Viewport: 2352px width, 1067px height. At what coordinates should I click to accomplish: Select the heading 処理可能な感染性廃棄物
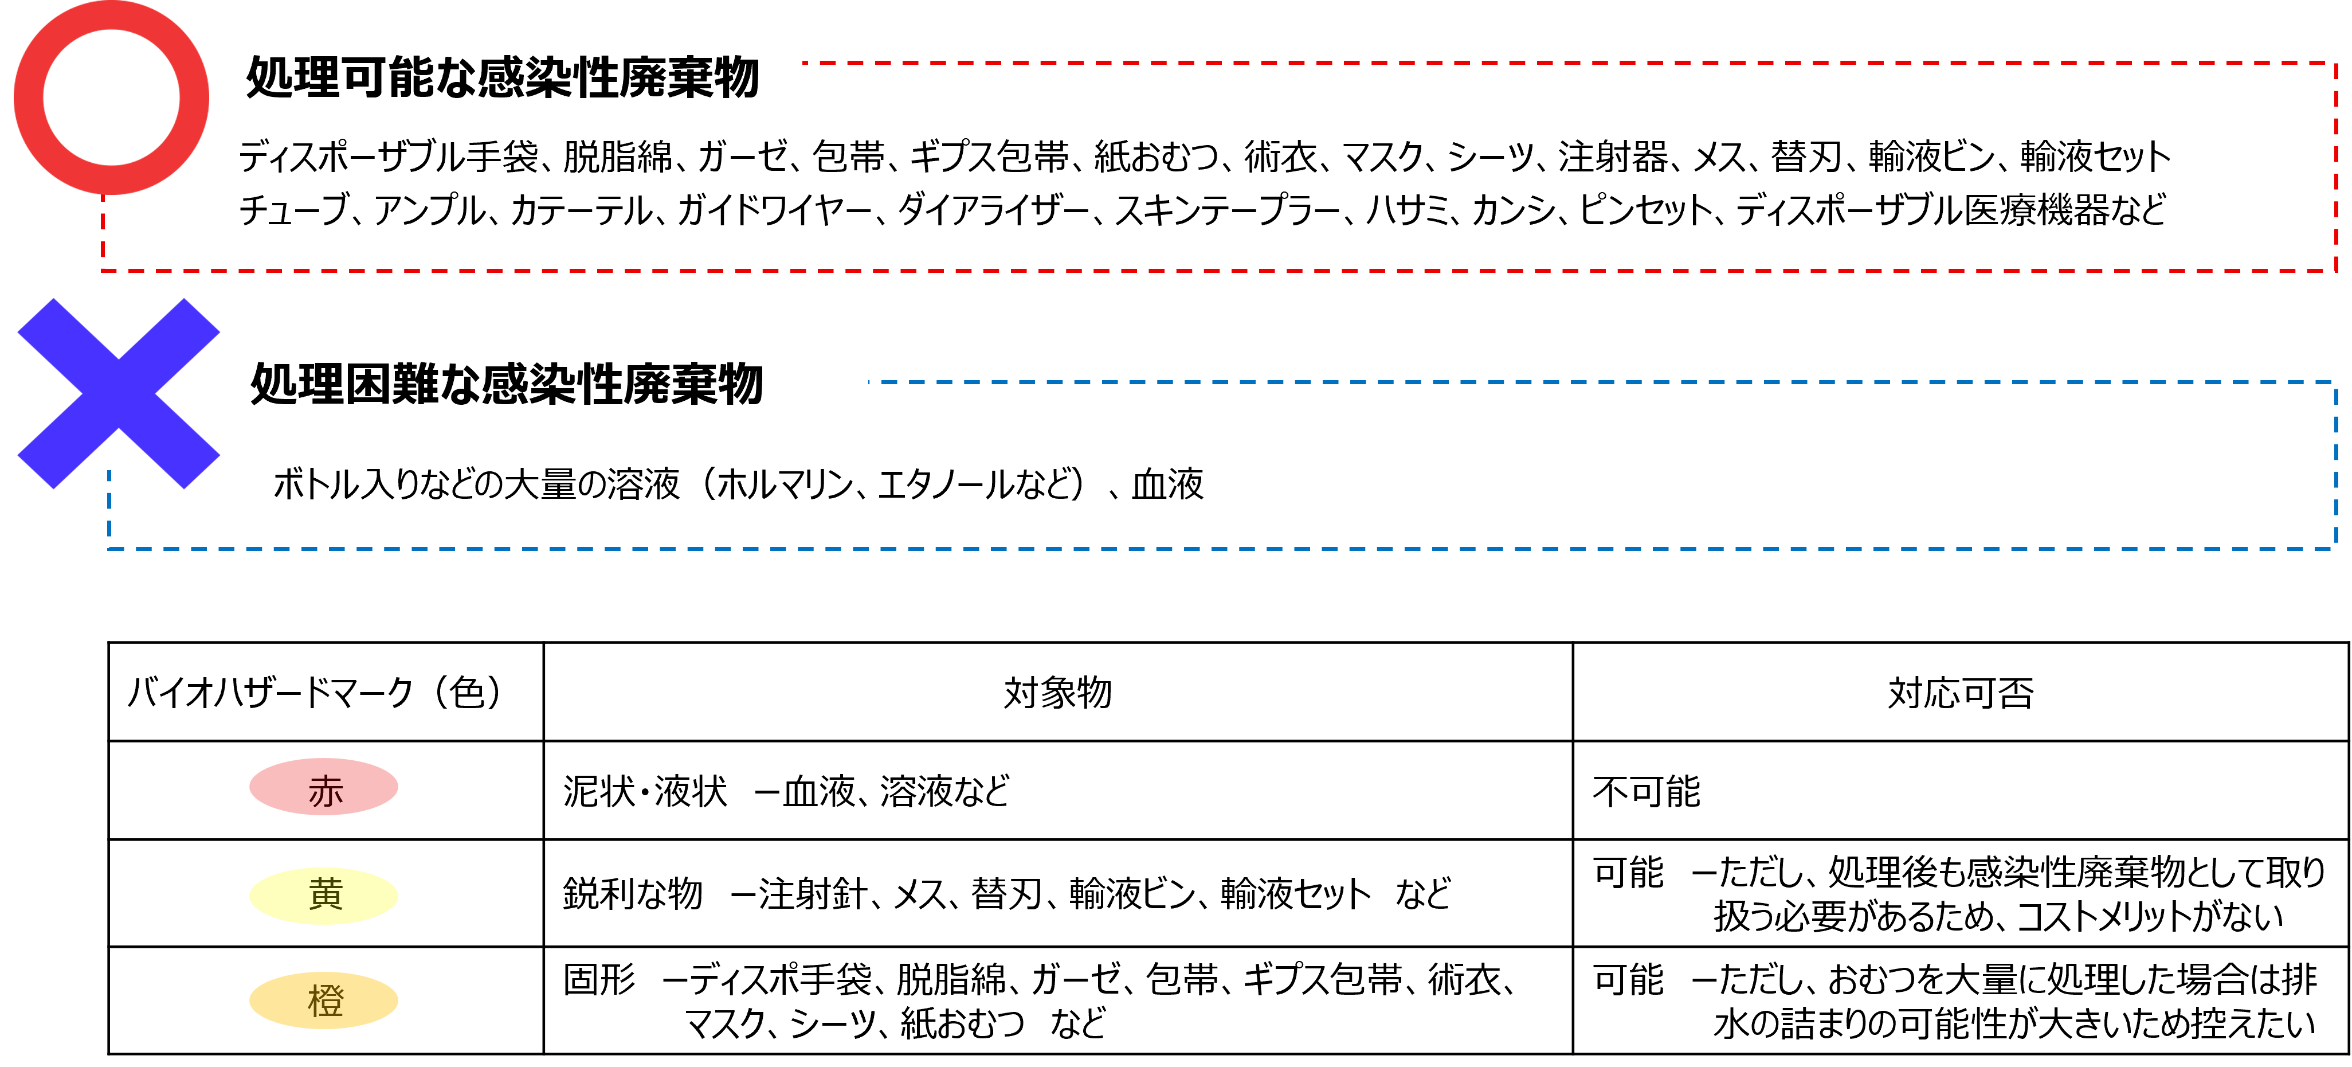point(502,77)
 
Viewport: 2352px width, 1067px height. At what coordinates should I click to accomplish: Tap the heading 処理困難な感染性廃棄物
point(507,384)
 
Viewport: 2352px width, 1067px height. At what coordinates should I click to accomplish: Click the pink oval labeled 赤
point(324,787)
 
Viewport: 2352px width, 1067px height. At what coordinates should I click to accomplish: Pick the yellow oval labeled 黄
point(324,894)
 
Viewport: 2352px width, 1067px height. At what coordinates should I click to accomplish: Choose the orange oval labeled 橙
point(324,1000)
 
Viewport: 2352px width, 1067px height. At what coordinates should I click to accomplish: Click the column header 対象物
point(1057,693)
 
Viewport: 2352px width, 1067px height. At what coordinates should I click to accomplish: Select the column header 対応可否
point(1961,693)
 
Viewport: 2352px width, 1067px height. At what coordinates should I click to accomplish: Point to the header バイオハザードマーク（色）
point(316,693)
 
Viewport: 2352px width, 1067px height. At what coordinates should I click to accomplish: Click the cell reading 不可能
point(1646,791)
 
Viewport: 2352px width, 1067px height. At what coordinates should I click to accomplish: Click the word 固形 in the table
point(599,979)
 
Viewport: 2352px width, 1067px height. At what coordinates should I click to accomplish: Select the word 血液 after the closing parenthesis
point(1168,484)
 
